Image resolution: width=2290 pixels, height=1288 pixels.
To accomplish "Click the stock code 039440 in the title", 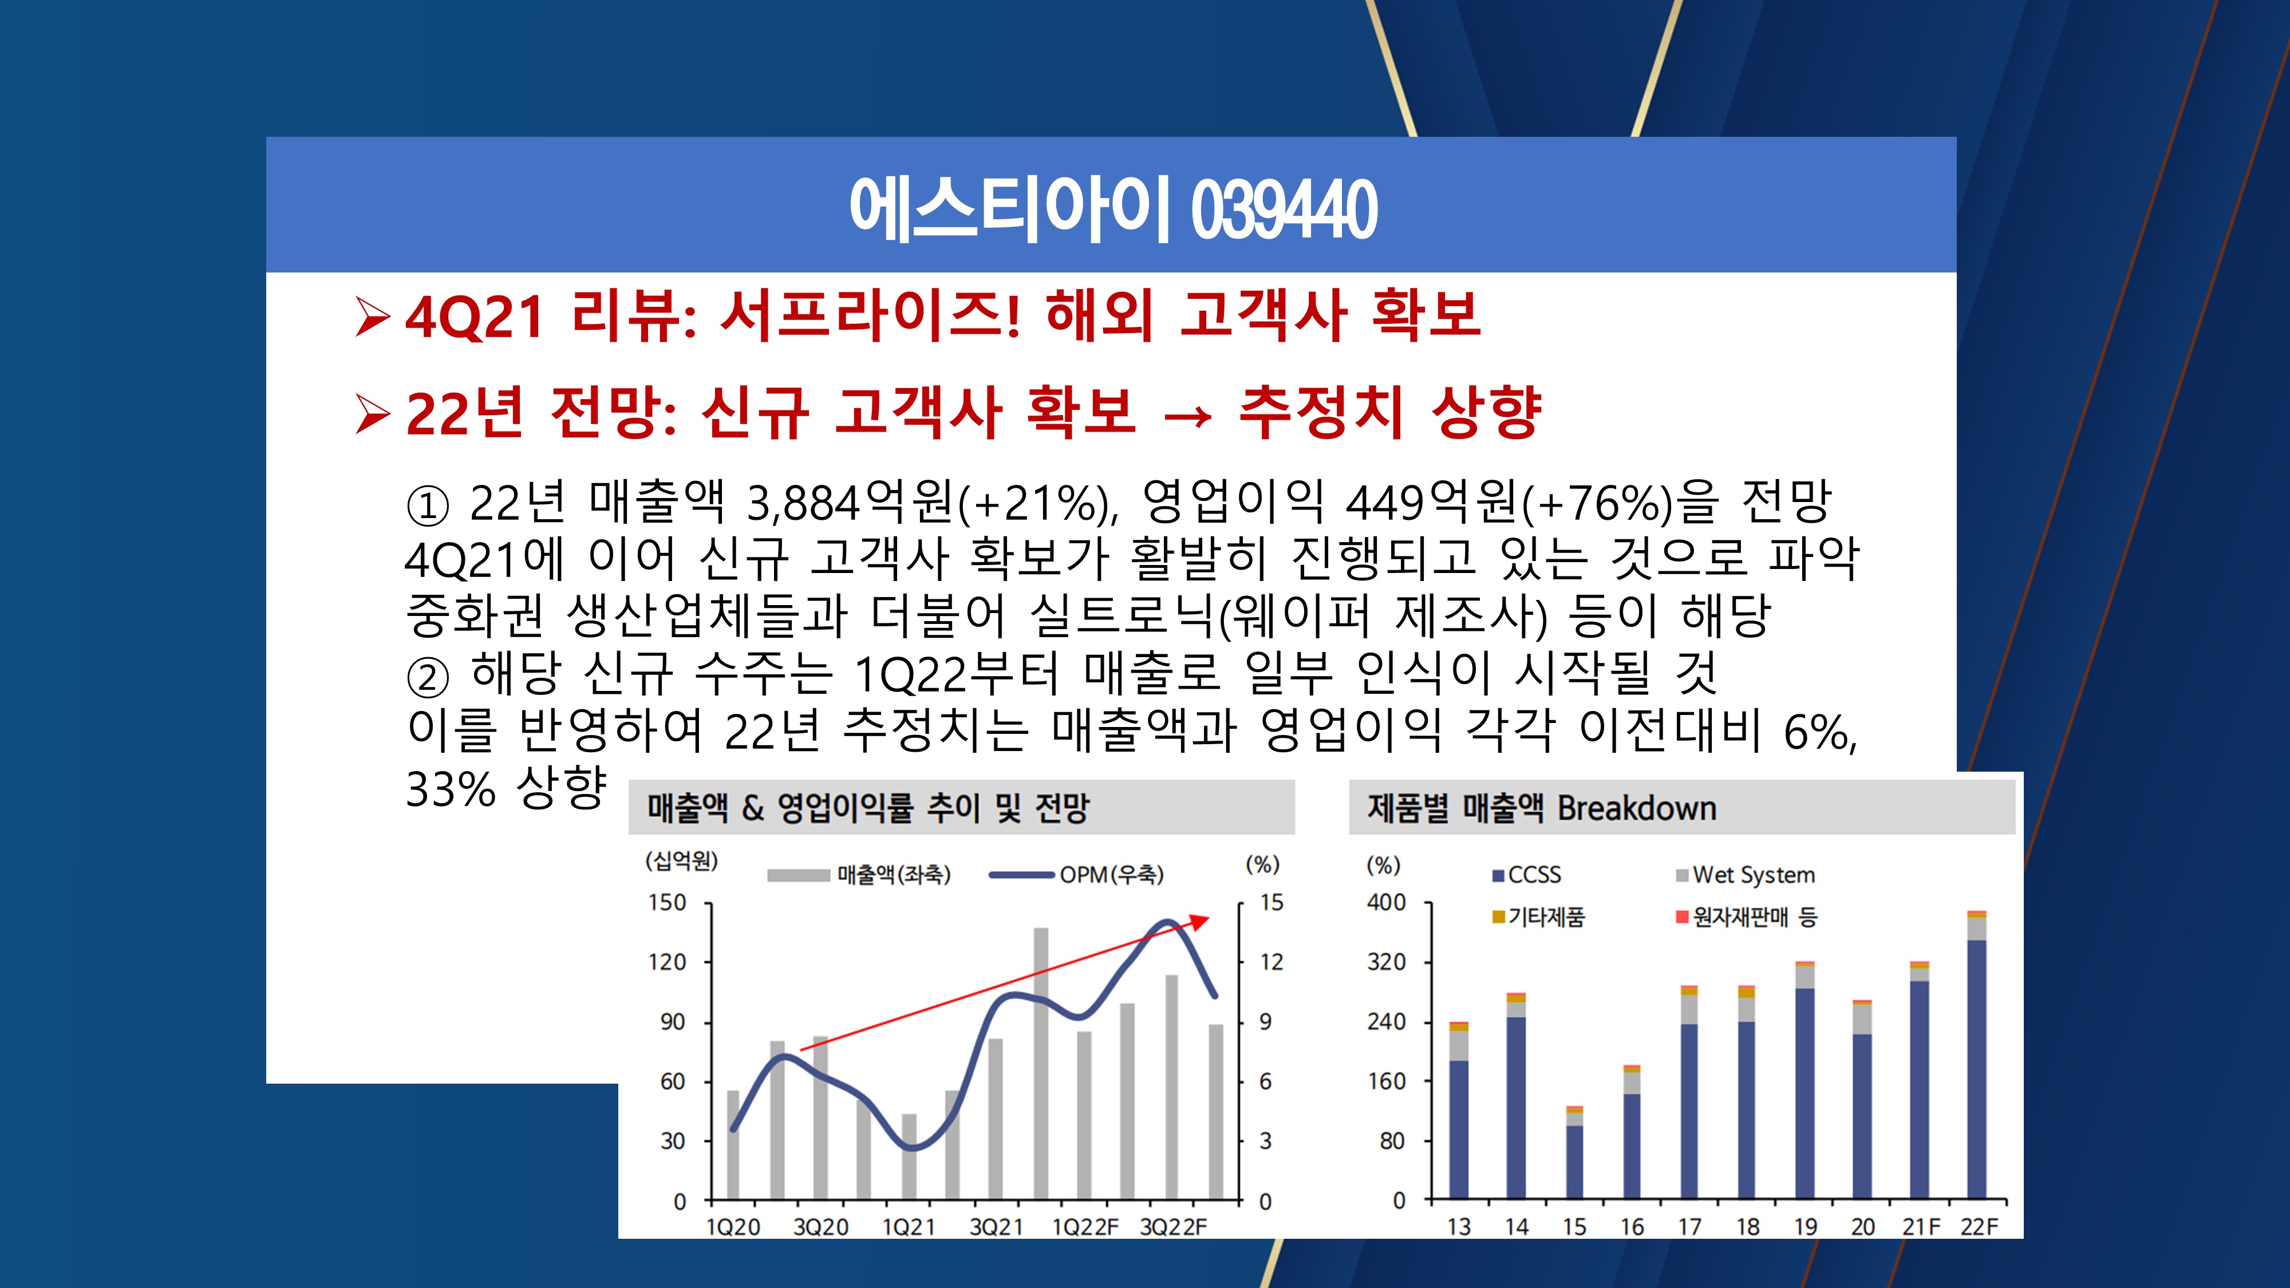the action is coord(1284,209).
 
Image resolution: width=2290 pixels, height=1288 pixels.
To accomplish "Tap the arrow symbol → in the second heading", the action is coord(1188,415).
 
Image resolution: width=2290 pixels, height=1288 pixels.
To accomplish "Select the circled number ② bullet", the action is coord(428,677).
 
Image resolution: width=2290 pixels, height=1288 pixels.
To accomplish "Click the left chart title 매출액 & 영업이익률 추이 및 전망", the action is coord(868,808).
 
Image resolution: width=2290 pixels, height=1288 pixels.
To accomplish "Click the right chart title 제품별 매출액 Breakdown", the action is coord(1542,808).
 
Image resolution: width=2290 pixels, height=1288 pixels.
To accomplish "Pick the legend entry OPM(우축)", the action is coord(1076,875).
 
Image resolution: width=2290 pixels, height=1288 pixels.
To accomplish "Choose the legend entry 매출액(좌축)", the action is coord(859,875).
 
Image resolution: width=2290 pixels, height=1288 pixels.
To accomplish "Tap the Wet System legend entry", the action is coord(1745,875).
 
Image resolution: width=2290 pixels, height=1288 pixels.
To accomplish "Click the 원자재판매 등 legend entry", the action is coord(1747,916).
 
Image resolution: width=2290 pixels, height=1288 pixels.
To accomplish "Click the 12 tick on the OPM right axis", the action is coord(1271,962).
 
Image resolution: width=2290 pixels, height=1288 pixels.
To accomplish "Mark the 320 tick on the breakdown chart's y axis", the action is coord(1387,962).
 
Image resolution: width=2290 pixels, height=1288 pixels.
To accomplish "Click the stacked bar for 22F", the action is coord(1977,1055).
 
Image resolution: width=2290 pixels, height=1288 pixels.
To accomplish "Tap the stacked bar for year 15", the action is coord(1574,1153).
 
